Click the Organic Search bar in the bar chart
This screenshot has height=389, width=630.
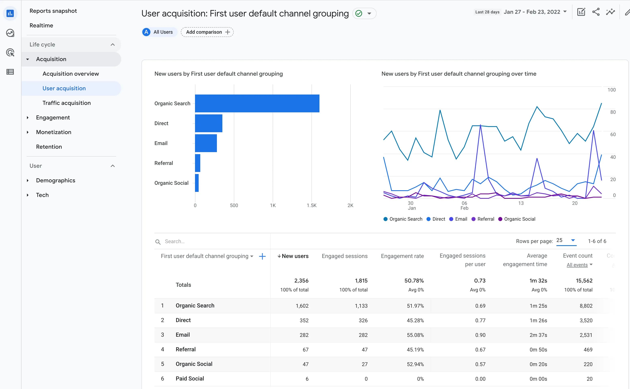257,103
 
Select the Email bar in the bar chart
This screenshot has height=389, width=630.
206,143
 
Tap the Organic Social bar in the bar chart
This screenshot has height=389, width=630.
197,183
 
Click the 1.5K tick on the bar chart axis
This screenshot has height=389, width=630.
311,205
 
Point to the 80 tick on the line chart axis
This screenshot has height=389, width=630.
613,112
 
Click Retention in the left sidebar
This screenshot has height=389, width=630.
49,147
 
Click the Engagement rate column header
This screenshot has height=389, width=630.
402,256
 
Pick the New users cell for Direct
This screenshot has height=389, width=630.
304,320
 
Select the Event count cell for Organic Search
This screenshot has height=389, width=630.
586,306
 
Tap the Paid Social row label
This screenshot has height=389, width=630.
190,378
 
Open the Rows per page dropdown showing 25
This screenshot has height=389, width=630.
566,241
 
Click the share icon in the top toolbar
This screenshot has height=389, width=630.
596,12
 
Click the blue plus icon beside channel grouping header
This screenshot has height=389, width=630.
262,256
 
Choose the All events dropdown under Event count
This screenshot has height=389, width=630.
579,265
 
